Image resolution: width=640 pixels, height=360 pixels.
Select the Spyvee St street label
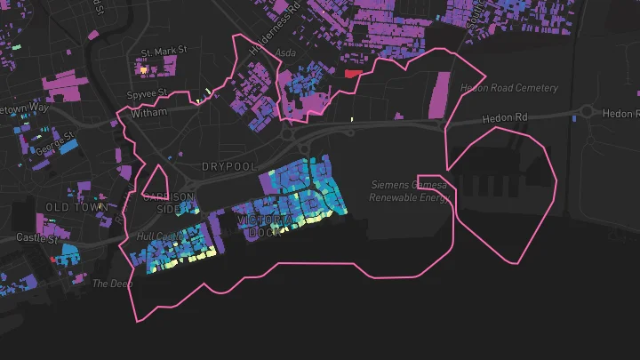(x=148, y=92)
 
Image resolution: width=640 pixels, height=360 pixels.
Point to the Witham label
(x=148, y=114)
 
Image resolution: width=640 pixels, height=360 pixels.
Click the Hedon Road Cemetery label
(x=508, y=88)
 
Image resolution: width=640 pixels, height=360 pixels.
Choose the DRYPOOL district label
(x=228, y=167)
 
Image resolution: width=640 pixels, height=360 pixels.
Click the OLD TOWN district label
(x=76, y=207)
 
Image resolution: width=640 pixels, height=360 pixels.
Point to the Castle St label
(x=37, y=238)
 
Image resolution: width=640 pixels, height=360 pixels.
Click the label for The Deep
(x=113, y=284)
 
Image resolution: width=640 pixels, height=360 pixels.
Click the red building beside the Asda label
(x=354, y=73)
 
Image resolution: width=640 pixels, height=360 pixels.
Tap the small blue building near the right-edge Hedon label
(x=575, y=116)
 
